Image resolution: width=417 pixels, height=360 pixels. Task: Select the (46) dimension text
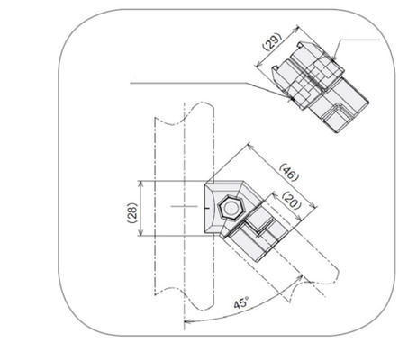(x=288, y=172)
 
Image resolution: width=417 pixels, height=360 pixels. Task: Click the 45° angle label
(x=241, y=305)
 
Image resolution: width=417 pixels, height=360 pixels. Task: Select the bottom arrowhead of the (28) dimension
(x=141, y=235)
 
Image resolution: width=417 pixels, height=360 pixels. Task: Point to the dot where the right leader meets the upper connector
(x=334, y=60)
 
